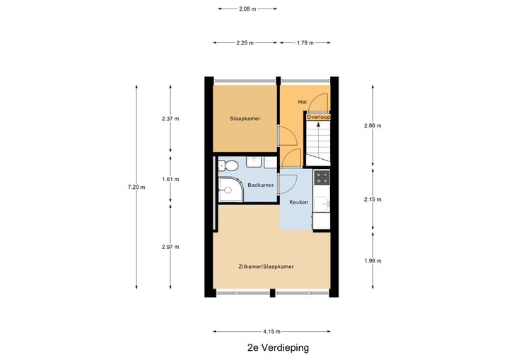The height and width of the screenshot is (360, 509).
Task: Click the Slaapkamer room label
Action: pos(245,119)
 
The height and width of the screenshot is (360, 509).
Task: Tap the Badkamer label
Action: pos(260,185)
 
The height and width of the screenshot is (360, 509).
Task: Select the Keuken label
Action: pos(298,202)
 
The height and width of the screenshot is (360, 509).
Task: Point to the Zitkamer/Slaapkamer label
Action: pos(266,267)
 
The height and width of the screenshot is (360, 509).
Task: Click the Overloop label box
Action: pos(317,117)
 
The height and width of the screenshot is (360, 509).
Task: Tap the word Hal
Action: pos(302,102)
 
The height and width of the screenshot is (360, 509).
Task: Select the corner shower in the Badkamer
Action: pos(229,188)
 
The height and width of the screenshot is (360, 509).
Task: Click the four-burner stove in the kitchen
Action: pos(322,177)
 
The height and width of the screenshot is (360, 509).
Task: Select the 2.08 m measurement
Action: pos(247,9)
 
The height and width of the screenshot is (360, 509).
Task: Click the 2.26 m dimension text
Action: pos(243,42)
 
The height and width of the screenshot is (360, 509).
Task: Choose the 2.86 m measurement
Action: pos(373,126)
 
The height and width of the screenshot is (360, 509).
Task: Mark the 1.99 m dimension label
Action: pos(373,261)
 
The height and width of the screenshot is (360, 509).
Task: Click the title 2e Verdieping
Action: pos(278,348)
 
